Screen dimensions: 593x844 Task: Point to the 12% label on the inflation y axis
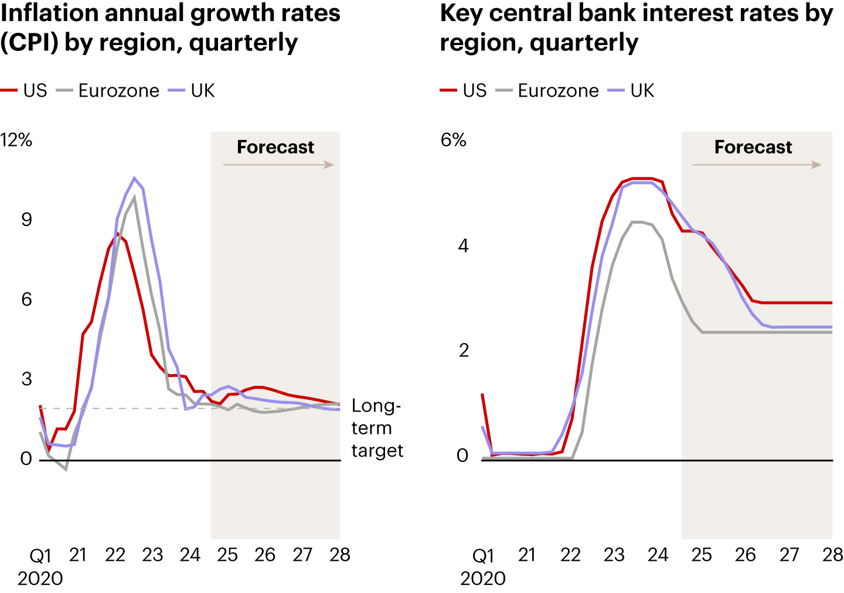pos(16,140)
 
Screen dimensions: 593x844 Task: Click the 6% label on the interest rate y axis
pos(453,140)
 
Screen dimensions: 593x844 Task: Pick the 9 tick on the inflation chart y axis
pos(26,220)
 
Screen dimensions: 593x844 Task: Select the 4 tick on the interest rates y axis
pos(463,245)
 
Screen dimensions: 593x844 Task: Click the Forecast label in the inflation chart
pos(275,147)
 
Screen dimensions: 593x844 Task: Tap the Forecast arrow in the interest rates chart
pos(757,165)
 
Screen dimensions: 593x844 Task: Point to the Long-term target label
pos(377,428)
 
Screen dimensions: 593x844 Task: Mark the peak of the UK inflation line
pos(135,178)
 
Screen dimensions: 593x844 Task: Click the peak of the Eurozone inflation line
pos(135,197)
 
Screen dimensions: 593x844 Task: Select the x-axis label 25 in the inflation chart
pos(227,554)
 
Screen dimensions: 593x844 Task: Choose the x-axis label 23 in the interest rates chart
pos(614,554)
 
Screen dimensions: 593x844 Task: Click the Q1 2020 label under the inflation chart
pos(40,566)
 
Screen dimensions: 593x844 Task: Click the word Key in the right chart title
pos(461,13)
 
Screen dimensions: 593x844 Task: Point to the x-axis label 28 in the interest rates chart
pos(832,554)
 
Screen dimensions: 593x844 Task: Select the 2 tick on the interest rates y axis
pos(464,351)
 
